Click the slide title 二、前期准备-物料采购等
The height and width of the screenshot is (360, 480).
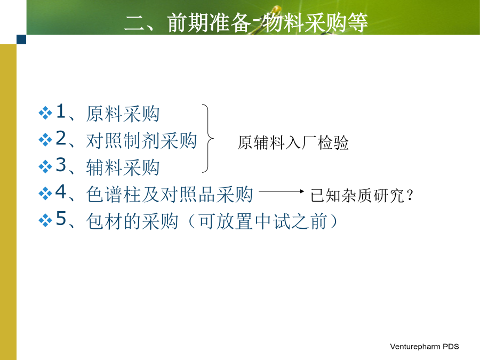246,22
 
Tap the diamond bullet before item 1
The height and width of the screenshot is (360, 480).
45,113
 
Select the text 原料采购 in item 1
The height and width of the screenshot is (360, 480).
123,114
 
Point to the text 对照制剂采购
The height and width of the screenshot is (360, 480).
141,141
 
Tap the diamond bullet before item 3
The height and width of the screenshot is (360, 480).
45,166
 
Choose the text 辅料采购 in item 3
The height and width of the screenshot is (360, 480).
123,167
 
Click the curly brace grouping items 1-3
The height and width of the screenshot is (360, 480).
208,138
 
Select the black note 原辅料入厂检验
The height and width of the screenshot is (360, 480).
293,142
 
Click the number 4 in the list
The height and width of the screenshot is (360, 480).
61,191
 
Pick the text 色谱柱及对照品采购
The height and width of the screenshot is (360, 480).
169,194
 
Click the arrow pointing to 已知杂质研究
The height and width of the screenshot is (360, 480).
281,191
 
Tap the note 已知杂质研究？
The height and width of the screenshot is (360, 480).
362,195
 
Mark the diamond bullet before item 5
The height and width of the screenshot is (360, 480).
45,220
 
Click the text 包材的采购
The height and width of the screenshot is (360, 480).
132,221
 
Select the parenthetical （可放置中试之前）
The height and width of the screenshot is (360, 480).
262,221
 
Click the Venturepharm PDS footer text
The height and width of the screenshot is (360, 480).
425,347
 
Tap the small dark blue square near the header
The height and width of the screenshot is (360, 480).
21,39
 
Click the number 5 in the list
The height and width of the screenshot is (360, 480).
61,218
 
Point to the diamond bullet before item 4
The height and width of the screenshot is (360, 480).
45,194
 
